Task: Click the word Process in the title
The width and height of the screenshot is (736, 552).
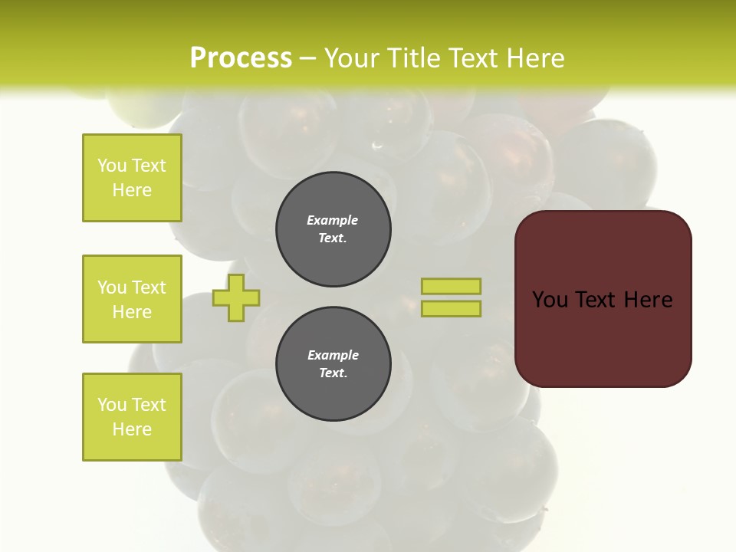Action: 241,58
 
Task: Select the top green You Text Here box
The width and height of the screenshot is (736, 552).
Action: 132,178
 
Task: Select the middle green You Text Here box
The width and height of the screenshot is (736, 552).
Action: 132,299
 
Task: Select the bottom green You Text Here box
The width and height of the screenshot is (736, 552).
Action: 132,417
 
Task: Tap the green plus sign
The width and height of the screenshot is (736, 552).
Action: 236,297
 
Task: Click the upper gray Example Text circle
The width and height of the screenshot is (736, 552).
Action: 333,229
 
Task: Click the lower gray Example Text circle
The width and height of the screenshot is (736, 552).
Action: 333,364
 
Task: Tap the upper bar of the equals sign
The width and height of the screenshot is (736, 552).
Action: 451,286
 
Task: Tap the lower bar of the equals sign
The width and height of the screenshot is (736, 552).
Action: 451,308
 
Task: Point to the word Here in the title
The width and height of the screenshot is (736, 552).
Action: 536,58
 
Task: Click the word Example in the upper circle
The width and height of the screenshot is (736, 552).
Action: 333,220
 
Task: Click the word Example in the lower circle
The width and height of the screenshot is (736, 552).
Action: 333,355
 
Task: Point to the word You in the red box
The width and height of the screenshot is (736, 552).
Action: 550,300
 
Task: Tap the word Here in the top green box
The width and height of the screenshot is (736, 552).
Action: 132,190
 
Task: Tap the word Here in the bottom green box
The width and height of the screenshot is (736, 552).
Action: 132,429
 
